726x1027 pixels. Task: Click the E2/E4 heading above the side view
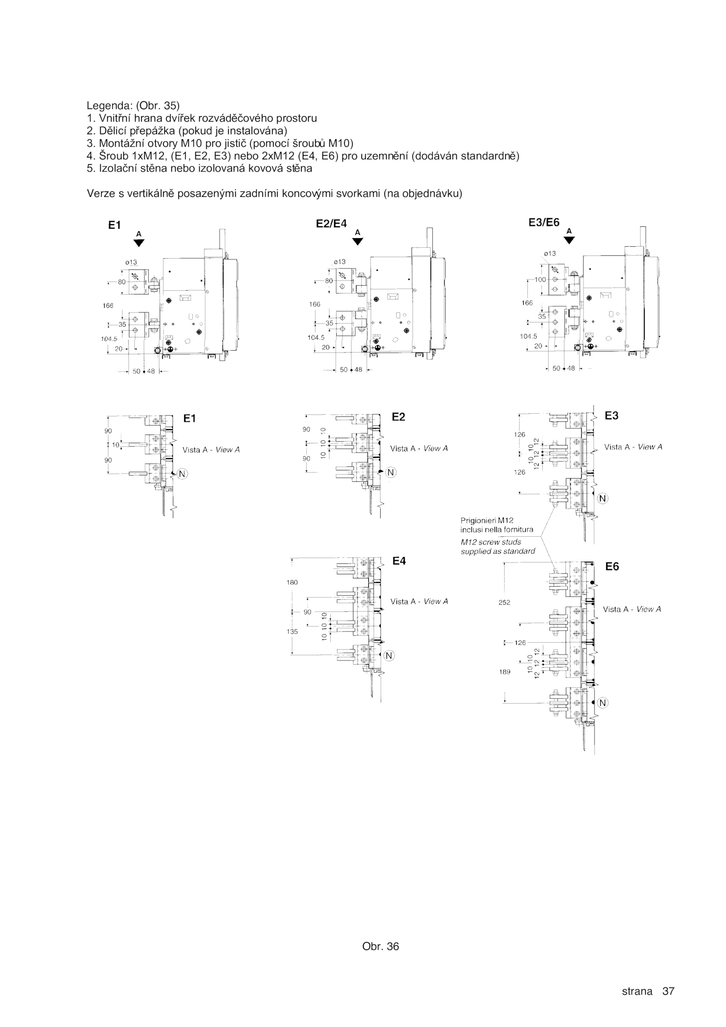[x=331, y=223]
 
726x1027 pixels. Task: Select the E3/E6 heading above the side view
[x=544, y=223]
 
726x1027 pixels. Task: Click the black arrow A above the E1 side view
[x=139, y=243]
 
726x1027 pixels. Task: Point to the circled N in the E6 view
[x=602, y=703]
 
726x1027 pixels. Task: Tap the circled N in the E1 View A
[x=182, y=474]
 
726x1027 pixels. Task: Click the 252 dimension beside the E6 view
[x=504, y=602]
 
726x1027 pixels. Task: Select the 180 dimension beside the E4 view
[x=292, y=582]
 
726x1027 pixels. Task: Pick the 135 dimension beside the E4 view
[x=292, y=631]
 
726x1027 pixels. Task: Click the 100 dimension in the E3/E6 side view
[x=540, y=280]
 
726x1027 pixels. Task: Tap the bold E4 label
[x=399, y=561]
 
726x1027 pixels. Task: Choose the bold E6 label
[x=612, y=567]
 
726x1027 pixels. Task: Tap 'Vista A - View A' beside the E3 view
[x=633, y=447]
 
